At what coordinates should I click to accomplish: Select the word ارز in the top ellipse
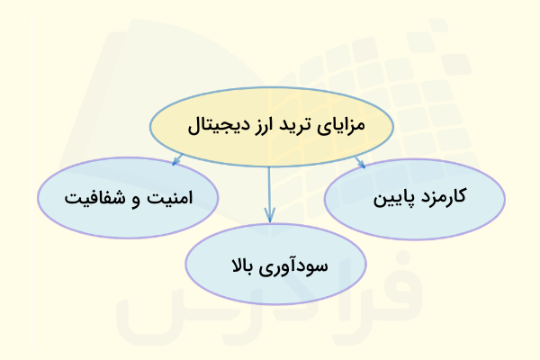255,124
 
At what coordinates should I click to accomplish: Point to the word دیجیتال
212,125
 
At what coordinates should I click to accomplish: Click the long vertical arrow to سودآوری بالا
269,189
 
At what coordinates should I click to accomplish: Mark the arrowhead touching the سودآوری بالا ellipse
269,216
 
